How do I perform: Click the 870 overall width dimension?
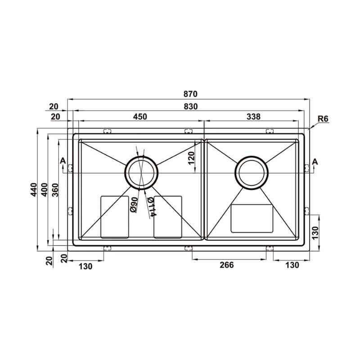point(190,94)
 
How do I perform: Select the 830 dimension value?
point(190,107)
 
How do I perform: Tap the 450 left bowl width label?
point(140,117)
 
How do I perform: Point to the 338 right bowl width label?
point(253,117)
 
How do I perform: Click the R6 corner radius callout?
point(323,119)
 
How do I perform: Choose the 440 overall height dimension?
point(34,189)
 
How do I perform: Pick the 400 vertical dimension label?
point(44,189)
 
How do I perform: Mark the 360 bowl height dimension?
point(55,190)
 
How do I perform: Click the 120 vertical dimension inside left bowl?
point(191,158)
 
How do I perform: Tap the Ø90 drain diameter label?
point(134,205)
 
